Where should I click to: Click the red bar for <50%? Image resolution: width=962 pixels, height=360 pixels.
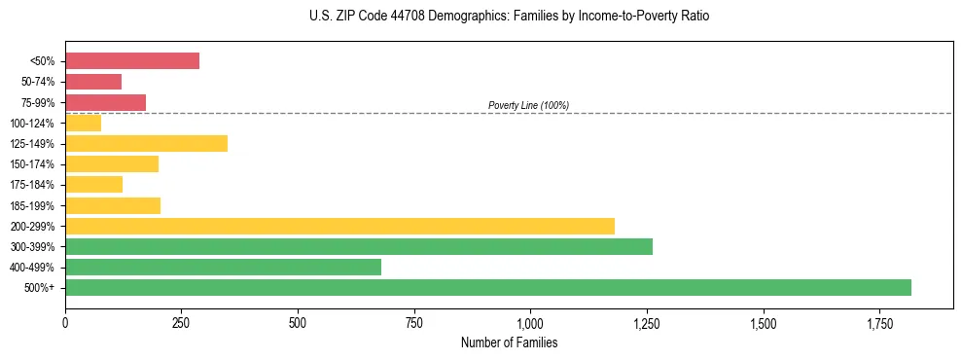click(132, 61)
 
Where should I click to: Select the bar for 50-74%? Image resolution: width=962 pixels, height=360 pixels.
click(93, 82)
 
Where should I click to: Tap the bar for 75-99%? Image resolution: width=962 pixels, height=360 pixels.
click(105, 102)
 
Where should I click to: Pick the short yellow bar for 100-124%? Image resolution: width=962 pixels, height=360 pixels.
click(84, 123)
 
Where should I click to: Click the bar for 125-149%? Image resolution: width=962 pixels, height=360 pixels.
click(146, 143)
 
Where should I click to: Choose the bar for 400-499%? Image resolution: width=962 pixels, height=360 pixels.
click(223, 267)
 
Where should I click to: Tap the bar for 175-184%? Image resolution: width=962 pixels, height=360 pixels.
click(93, 184)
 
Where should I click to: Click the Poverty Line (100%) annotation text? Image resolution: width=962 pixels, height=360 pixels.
click(528, 105)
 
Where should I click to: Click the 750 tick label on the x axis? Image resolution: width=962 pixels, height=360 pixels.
click(414, 322)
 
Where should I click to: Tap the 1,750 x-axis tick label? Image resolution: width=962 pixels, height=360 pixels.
click(879, 322)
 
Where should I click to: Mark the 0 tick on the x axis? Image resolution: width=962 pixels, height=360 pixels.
click(65, 322)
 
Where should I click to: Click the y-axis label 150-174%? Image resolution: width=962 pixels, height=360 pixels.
click(32, 164)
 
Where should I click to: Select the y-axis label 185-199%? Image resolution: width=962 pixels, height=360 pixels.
click(32, 205)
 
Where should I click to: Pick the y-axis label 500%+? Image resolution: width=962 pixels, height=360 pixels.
click(40, 288)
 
